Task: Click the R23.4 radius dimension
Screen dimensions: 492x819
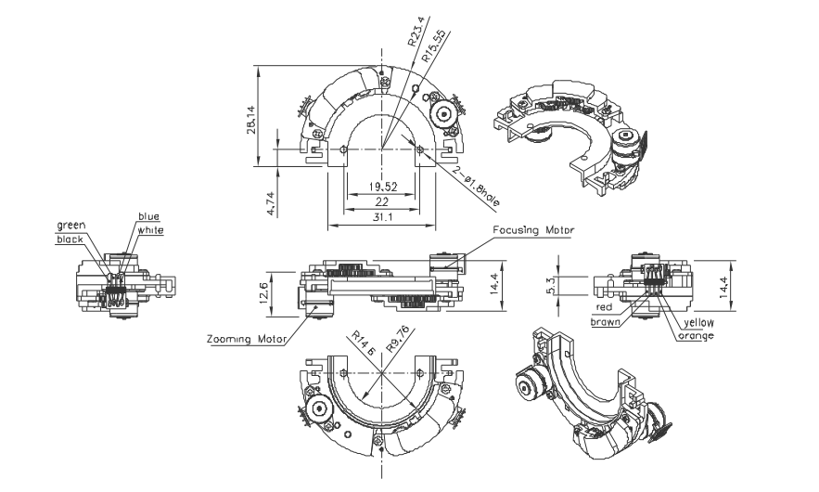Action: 415,35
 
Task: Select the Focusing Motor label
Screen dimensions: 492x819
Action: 532,229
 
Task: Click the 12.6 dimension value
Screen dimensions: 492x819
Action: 266,291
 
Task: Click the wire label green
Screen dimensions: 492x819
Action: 71,225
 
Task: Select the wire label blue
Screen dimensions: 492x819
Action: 148,216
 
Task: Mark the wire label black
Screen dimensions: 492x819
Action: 70,239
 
